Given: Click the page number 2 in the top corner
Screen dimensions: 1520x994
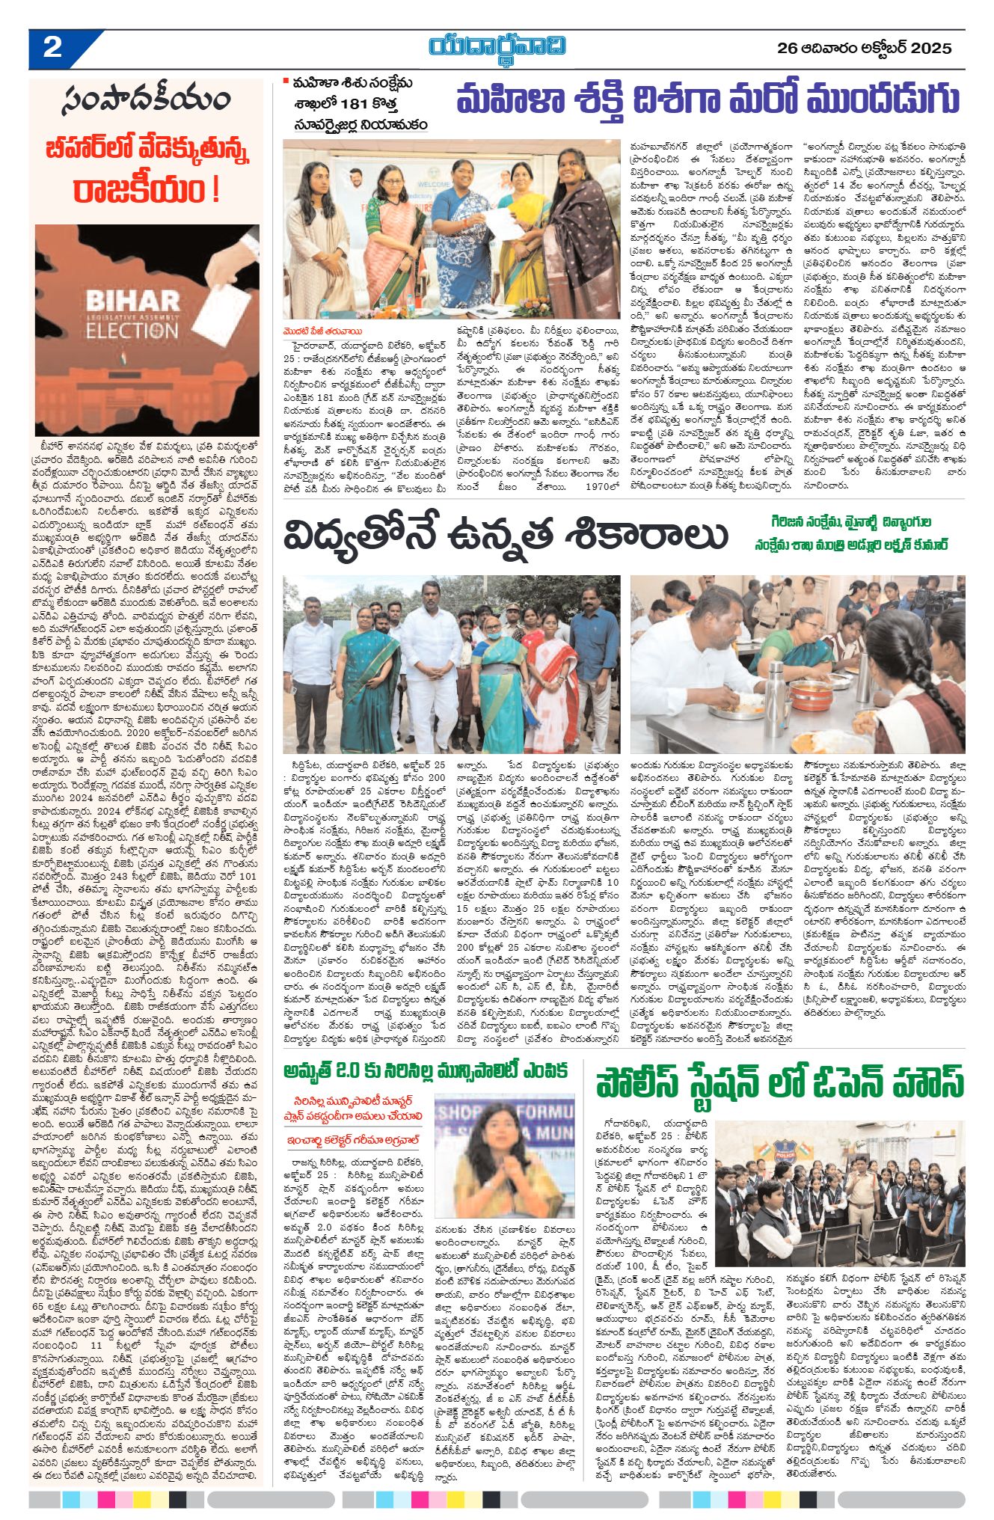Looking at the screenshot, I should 52,49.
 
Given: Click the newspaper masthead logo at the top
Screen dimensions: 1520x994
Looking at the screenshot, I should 497,47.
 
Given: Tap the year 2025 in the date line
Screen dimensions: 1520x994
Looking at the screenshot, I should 932,49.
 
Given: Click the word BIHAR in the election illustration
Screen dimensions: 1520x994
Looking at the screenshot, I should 132,301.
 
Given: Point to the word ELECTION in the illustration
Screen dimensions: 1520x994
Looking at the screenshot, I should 132,329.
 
